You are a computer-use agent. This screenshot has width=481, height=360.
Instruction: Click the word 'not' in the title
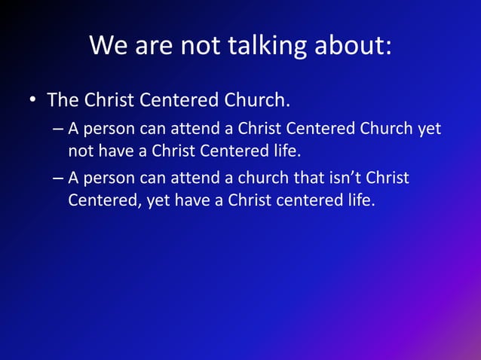tap(198, 46)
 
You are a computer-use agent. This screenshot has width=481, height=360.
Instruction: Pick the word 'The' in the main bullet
tap(63, 100)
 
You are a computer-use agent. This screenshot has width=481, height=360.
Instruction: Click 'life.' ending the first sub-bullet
tap(284, 151)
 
